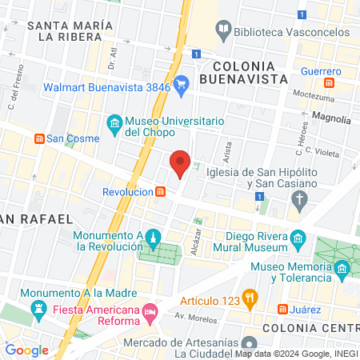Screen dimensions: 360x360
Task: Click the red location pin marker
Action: coord(181,164)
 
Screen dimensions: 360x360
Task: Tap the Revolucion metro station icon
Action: coord(161,192)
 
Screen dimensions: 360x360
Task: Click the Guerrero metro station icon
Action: coord(329,82)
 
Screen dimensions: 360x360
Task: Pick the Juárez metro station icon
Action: coord(282,310)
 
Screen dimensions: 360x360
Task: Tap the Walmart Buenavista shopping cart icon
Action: coord(182,81)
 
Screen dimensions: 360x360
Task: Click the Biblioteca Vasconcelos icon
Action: coord(223,31)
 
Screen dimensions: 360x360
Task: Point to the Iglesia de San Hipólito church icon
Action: coord(299,199)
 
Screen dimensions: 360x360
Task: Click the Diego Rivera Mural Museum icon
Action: coord(298,238)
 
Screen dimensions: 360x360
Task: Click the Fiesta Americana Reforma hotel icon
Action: coord(149,310)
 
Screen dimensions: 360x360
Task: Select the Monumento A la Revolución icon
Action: coord(154,238)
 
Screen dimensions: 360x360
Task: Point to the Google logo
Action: coord(26,350)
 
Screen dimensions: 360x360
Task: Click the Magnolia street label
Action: coord(332,119)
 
